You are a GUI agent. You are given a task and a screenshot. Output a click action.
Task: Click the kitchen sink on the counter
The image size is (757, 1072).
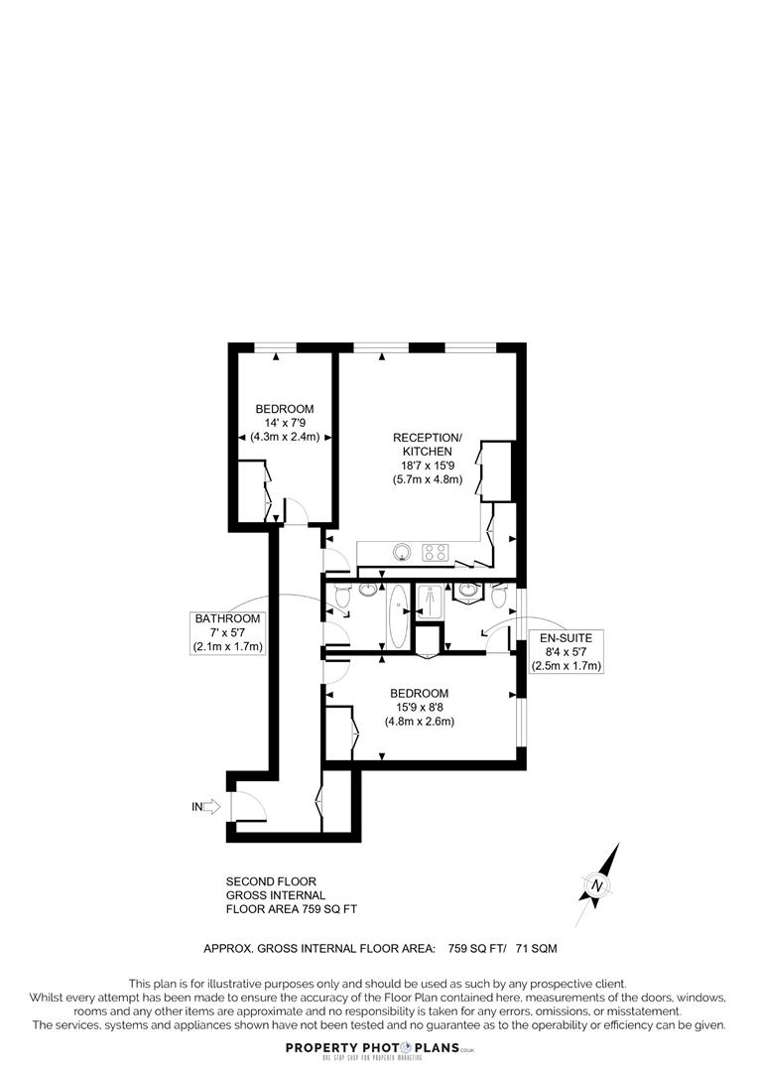coord(402,552)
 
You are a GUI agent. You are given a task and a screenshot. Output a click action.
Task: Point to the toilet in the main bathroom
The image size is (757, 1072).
coord(342,596)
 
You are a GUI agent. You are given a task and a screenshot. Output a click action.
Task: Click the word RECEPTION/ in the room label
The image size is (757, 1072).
coord(428,438)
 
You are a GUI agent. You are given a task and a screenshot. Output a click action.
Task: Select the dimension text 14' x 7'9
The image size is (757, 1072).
coord(285,423)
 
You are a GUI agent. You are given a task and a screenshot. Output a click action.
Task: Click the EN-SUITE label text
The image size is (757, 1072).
coord(566,637)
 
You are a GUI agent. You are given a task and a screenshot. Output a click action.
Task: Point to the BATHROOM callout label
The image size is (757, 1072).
coord(227,618)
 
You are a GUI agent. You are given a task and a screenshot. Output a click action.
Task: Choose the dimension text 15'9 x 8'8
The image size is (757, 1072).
coord(419,707)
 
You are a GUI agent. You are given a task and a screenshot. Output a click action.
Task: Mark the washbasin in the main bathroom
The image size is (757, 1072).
coord(367,591)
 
